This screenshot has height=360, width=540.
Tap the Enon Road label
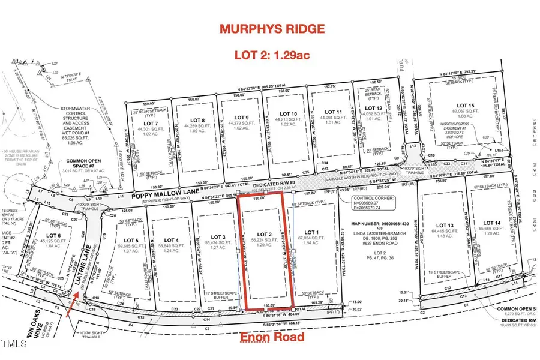pos(272,337)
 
